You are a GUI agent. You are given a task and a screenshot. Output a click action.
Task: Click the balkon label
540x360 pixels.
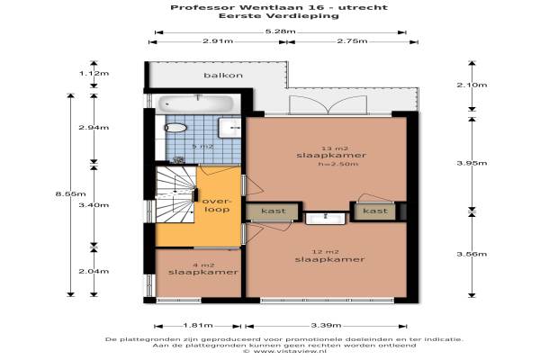coord(223,75)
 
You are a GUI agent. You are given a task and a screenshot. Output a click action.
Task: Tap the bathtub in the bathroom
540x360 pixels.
coord(195,103)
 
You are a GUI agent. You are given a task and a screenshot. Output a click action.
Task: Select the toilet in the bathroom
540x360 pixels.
coord(175,128)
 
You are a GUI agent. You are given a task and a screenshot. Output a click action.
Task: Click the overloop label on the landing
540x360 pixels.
coord(216,205)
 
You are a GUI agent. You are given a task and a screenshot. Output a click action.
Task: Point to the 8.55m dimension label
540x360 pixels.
coord(70,194)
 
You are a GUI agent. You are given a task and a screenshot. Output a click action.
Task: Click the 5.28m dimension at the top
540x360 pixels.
coord(280,31)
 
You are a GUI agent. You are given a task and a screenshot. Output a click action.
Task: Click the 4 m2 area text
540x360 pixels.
coord(203,265)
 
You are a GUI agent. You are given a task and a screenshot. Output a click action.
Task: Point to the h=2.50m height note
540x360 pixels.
coord(338,164)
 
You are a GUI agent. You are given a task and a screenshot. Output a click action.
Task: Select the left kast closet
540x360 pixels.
coord(272,211)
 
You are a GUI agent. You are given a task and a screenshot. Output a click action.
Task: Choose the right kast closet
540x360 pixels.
coord(374,211)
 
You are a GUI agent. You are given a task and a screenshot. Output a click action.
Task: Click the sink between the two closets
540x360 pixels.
coord(326,219)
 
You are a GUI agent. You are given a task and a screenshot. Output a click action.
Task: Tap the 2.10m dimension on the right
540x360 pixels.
coord(472,85)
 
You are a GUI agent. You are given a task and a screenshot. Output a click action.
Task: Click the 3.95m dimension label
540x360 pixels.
coord(472,163)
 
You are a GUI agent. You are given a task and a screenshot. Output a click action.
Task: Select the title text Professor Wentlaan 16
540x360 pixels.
coord(247,7)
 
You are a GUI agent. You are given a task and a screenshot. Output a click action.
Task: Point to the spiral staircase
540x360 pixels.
coord(175,194)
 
